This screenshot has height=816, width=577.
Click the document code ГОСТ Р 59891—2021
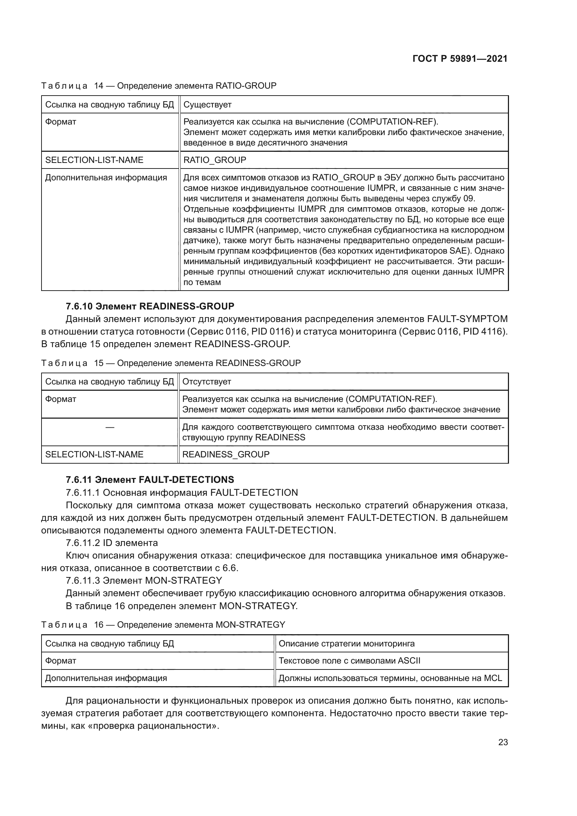point(460,59)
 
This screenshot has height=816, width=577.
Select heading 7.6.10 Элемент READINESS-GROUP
point(150,306)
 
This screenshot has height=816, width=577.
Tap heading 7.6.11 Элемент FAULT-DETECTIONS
point(150,479)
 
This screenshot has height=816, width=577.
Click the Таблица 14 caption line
point(158,86)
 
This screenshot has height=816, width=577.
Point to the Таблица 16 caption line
point(163,624)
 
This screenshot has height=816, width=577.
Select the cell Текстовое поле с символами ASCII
point(349,661)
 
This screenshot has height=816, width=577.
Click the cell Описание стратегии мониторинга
point(346,644)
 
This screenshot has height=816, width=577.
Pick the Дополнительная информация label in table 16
point(106,678)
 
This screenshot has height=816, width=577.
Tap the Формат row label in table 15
point(60,399)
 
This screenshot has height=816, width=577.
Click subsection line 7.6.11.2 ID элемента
point(112,543)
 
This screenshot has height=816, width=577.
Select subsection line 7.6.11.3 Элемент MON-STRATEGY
point(143,581)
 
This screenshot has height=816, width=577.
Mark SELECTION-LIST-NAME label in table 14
point(94,160)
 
